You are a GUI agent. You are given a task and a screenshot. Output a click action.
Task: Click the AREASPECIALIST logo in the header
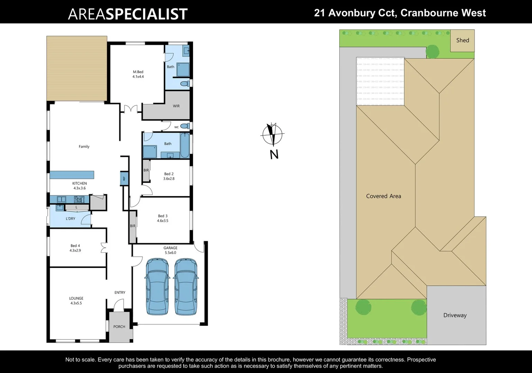point(128,14)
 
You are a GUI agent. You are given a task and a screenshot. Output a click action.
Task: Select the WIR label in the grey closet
point(176,106)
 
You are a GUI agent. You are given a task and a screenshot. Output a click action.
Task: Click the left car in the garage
point(157,286)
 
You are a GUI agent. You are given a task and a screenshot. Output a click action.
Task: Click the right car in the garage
point(186,286)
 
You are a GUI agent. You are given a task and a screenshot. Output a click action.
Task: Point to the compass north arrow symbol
point(273,134)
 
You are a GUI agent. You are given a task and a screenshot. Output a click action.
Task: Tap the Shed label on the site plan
point(462,40)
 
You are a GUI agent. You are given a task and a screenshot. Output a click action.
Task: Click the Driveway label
point(455,315)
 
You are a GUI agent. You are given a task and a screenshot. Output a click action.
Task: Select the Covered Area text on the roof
point(384,196)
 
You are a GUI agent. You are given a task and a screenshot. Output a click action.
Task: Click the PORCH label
point(119,327)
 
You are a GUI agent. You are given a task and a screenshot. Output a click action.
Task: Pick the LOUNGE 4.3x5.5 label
point(76,300)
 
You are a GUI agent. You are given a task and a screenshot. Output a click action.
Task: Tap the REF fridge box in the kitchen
point(124,179)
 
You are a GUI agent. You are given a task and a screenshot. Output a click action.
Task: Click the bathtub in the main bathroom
point(184,145)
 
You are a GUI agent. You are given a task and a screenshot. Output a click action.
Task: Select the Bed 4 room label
point(75,246)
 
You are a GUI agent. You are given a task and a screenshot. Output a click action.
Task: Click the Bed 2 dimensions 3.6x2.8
point(169,179)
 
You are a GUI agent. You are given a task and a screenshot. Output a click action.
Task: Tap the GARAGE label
point(170,248)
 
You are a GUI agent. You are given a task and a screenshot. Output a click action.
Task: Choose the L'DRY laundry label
point(71,219)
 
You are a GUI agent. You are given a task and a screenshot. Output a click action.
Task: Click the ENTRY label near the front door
point(120,293)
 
